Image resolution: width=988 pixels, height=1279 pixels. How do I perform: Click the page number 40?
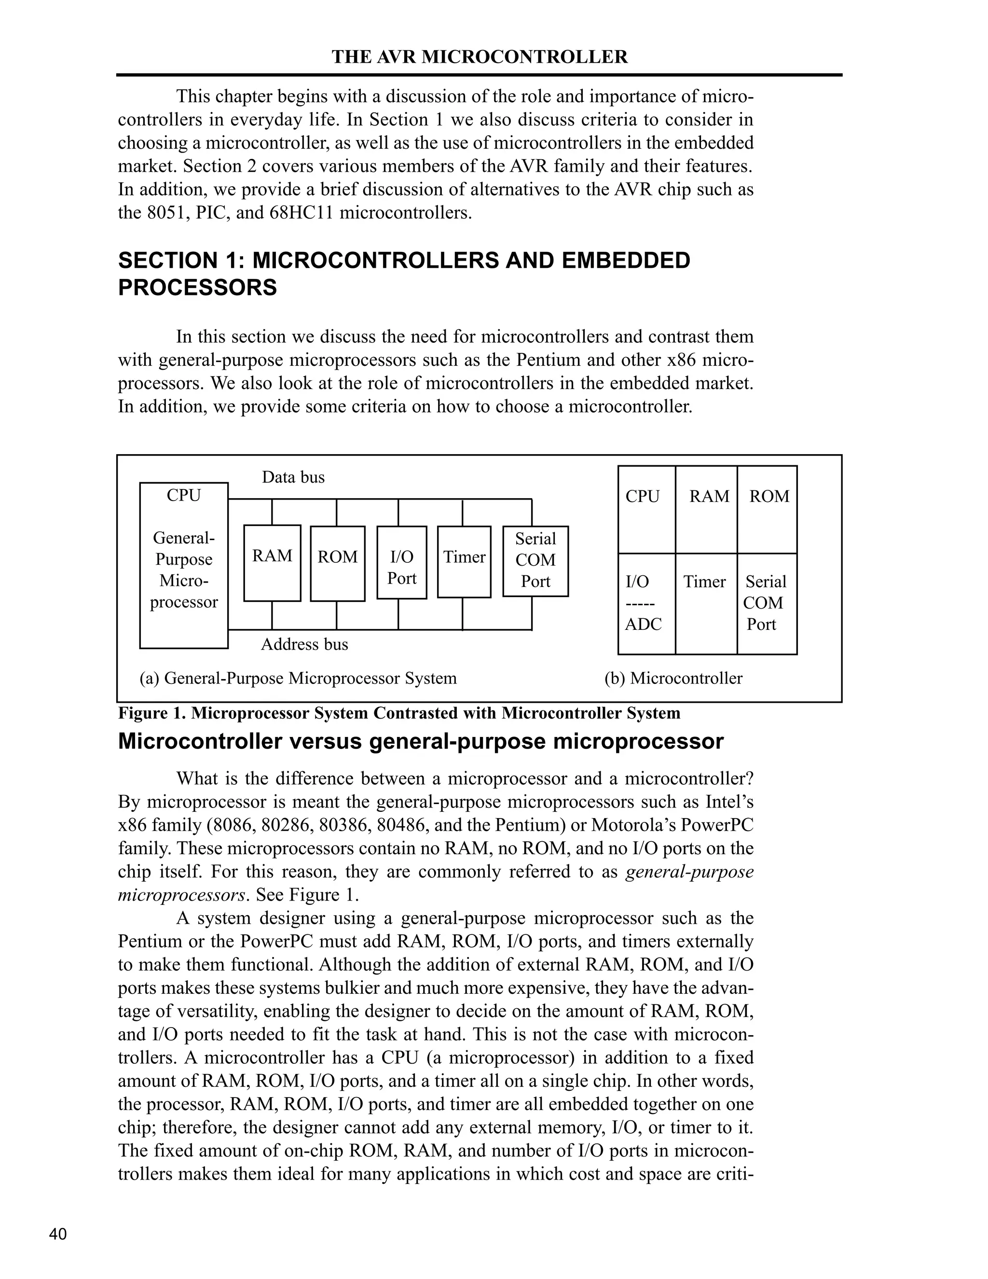[58, 1235]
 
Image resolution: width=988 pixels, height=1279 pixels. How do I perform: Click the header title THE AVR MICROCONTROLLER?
[480, 57]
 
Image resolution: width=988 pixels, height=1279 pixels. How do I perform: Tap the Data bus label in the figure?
[293, 477]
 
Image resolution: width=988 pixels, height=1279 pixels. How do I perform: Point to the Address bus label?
[304, 645]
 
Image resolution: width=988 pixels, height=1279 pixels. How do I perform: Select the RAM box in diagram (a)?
[272, 563]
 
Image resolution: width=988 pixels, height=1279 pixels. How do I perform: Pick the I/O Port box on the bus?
[401, 562]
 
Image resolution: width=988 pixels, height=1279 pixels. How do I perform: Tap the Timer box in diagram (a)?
[464, 562]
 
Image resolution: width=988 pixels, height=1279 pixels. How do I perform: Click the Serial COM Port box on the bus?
[535, 561]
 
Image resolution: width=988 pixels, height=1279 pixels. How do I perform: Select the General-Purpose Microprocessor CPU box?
[184, 565]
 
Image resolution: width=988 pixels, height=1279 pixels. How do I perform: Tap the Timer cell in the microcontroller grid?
[706, 603]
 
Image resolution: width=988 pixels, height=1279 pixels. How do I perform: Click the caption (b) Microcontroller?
[673, 679]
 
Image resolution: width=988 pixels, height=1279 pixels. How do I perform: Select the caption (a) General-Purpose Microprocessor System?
[298, 679]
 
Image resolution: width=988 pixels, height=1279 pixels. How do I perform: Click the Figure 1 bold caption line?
[399, 713]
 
